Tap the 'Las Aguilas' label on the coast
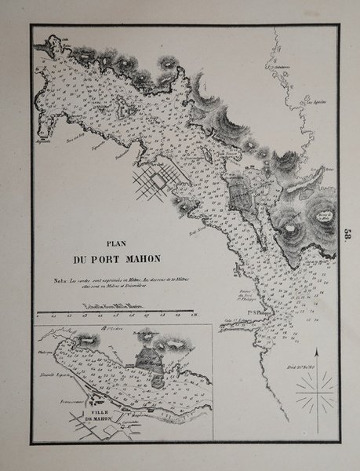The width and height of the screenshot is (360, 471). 314,102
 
